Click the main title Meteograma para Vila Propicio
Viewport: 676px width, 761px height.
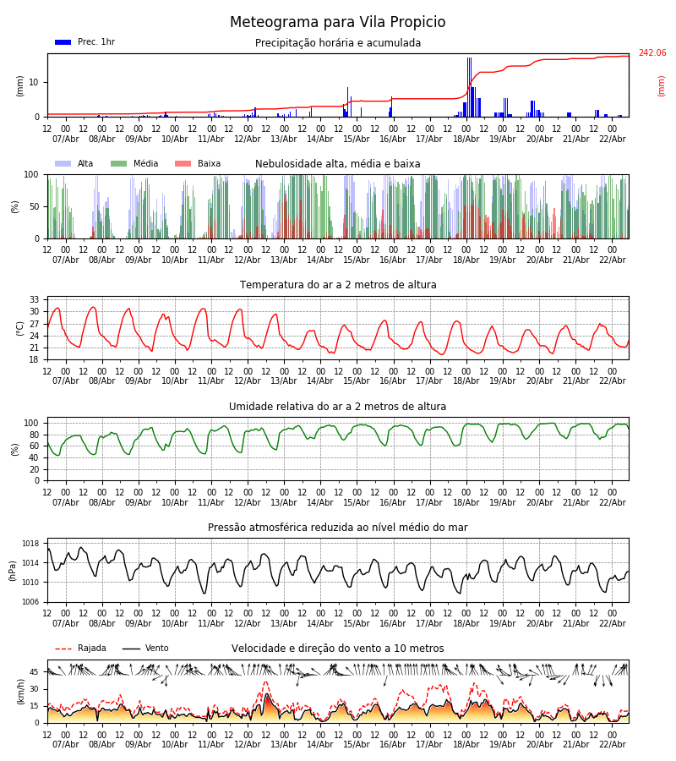337,23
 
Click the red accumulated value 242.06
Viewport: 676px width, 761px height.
651,53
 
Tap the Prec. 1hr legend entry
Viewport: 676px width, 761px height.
85,42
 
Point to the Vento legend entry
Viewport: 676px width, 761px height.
145,649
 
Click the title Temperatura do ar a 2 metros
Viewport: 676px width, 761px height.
338,285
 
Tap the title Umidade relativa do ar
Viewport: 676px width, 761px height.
337,407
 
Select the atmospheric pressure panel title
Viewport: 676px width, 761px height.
337,528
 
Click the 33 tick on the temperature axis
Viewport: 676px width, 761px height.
35,299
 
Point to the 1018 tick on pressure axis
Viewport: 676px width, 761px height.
30,544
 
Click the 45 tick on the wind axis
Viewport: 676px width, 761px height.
35,672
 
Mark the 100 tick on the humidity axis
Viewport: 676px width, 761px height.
32,423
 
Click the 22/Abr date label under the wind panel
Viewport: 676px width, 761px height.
612,745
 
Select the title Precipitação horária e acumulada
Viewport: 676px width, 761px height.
338,43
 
